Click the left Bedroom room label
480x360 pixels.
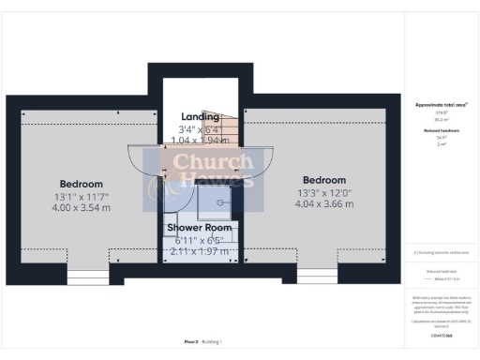[81, 184]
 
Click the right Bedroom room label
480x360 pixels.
[323, 180]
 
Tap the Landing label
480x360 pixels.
[200, 116]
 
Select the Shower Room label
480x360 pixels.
[199, 228]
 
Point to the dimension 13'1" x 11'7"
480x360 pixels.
[81, 196]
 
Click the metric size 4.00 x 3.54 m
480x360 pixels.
[81, 207]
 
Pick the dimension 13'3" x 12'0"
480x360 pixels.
[324, 192]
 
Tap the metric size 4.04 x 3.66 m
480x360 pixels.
[324, 203]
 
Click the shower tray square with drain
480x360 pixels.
[222, 201]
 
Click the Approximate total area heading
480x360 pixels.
[441, 106]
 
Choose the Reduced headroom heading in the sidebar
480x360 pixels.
[441, 130]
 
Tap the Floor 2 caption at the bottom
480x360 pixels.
[190, 342]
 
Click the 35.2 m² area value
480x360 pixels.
[441, 119]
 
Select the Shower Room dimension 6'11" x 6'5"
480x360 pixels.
[199, 241]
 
